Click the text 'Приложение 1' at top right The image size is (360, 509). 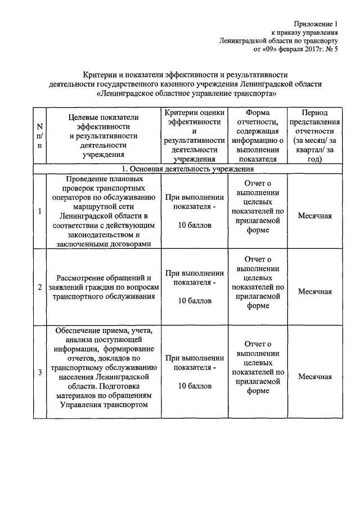[x=316, y=24]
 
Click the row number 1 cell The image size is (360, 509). [x=39, y=211]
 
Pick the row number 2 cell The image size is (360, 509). [x=39, y=287]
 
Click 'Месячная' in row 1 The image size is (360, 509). [x=314, y=216]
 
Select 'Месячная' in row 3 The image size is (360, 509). [x=314, y=376]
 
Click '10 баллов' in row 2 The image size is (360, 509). [x=195, y=301]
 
